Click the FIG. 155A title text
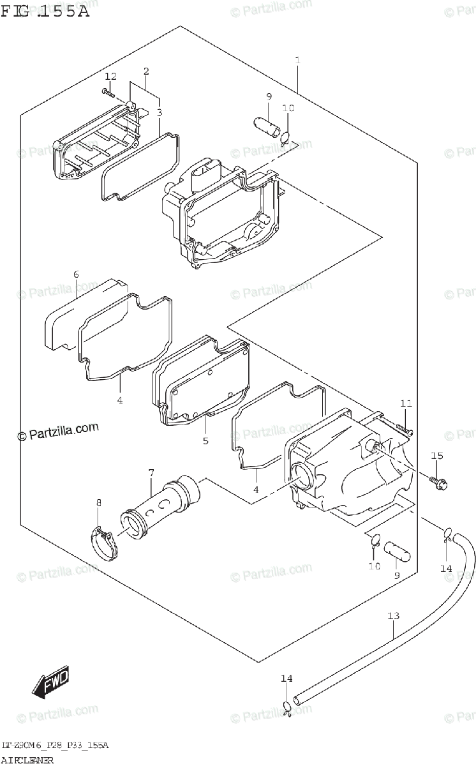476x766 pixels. [x=45, y=11]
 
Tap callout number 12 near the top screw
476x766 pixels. [x=111, y=77]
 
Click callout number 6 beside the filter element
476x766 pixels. [x=76, y=274]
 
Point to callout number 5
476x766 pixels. [x=205, y=440]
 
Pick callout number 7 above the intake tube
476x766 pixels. [x=151, y=473]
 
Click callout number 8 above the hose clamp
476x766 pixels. [x=98, y=503]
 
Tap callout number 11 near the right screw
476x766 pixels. [x=406, y=403]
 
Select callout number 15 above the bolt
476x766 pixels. [x=436, y=456]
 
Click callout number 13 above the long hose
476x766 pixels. [x=393, y=616]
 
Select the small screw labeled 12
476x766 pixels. [x=107, y=93]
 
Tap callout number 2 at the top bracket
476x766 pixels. [x=146, y=71]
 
